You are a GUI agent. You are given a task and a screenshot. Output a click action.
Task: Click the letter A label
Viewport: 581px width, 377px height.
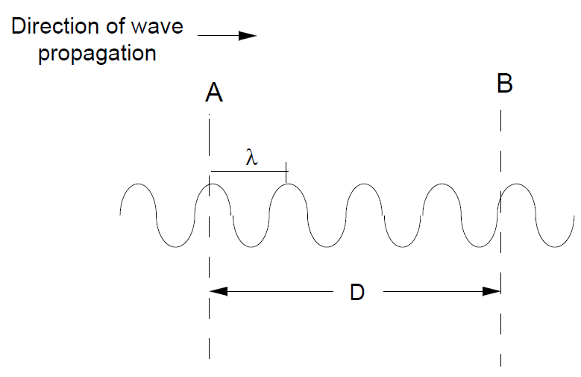(x=214, y=93)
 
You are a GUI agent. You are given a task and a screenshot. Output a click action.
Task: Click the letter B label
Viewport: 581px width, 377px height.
(x=505, y=84)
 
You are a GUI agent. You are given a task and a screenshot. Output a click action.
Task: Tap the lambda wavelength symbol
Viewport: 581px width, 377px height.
(x=251, y=157)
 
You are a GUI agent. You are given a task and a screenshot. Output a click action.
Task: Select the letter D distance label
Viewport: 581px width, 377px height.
(x=357, y=292)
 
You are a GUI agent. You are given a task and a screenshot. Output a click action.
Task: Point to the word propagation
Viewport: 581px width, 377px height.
(x=97, y=54)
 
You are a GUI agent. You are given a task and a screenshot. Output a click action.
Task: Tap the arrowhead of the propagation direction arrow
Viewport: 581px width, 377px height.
(x=248, y=36)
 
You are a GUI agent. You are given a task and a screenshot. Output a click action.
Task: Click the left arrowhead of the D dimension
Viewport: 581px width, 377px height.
(x=219, y=292)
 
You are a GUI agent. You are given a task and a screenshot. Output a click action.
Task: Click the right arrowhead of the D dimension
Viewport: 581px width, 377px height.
(x=492, y=292)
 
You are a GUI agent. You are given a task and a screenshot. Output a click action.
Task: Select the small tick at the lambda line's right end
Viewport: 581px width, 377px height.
(x=286, y=172)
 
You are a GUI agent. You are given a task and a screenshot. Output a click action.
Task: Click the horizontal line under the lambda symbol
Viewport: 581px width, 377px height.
(x=249, y=172)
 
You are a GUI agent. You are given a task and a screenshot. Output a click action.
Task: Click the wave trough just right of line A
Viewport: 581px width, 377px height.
(x=251, y=247)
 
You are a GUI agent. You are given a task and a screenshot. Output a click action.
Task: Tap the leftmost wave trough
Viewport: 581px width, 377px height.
(x=175, y=247)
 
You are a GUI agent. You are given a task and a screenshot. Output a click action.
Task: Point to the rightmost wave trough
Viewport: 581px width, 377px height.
(x=555, y=247)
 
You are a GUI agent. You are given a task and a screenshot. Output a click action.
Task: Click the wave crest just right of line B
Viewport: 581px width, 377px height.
(x=517, y=184)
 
